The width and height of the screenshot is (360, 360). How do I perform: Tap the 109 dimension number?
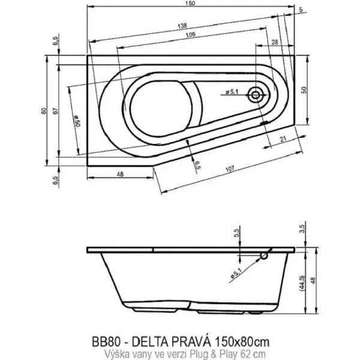pos(190,37)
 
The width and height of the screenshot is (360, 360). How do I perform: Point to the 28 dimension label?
pos(274,43)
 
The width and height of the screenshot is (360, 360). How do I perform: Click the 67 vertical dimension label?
pos(55,111)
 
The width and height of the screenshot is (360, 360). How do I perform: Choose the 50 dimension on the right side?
pos(304,88)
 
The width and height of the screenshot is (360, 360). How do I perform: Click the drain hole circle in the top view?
pos(257,94)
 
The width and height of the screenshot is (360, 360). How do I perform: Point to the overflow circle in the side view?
pos(262,256)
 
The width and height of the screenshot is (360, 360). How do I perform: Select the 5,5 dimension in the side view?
pos(236,233)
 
